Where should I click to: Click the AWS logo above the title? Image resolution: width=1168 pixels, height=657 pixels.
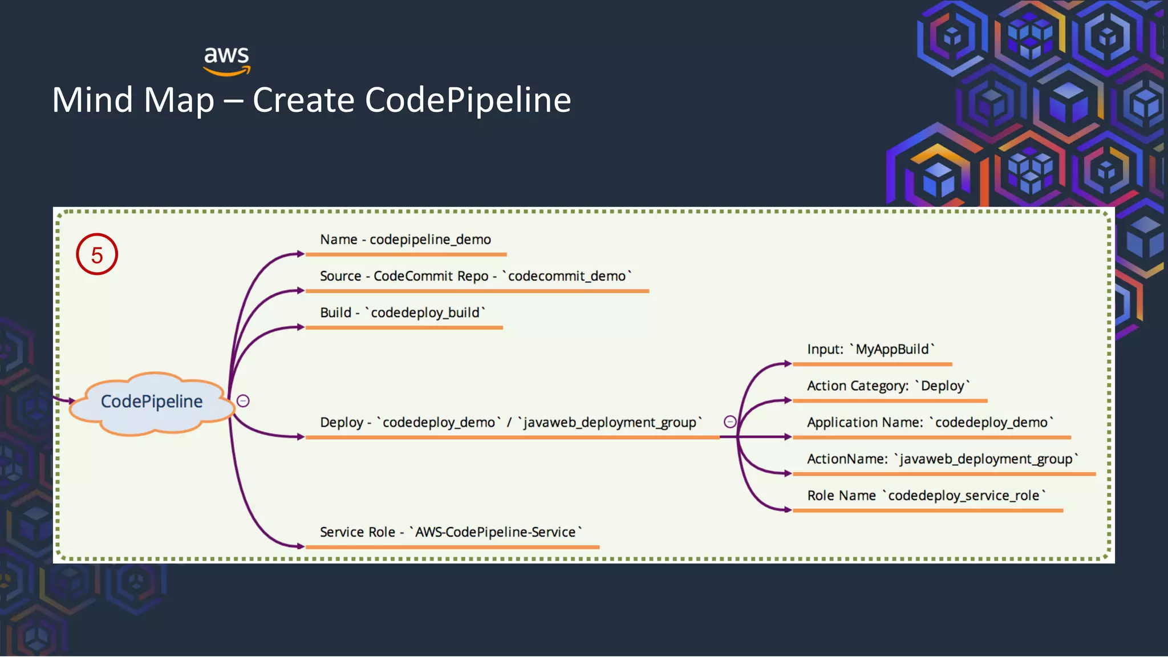[x=227, y=60]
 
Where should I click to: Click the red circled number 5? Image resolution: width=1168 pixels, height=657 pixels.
[x=97, y=254]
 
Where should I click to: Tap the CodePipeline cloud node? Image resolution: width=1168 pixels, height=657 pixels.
[x=152, y=401]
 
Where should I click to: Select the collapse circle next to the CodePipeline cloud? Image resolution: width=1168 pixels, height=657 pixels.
[x=243, y=401]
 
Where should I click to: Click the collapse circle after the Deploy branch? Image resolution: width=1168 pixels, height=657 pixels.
[x=730, y=422]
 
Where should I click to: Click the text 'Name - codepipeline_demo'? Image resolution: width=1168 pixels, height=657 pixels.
[x=405, y=240]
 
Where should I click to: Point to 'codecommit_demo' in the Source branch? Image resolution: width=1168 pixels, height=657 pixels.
[x=567, y=276]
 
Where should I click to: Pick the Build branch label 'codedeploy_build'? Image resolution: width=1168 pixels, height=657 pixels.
[x=425, y=313]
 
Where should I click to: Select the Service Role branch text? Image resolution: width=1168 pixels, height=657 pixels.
[x=451, y=532]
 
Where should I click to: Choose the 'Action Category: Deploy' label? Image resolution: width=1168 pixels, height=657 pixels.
[x=888, y=386]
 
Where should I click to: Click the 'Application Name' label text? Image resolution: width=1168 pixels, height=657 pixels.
[x=865, y=423]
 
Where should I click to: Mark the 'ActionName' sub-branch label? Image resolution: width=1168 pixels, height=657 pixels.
[x=847, y=459]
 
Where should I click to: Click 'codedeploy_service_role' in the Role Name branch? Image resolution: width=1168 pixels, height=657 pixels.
[x=964, y=496]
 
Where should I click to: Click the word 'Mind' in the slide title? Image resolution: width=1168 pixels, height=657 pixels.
[x=92, y=100]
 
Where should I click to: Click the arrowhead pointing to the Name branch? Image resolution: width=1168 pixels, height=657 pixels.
[x=301, y=254]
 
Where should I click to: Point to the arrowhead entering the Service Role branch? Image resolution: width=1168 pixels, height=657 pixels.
[x=301, y=546]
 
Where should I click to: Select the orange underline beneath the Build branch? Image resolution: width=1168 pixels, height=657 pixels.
[x=404, y=328]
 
